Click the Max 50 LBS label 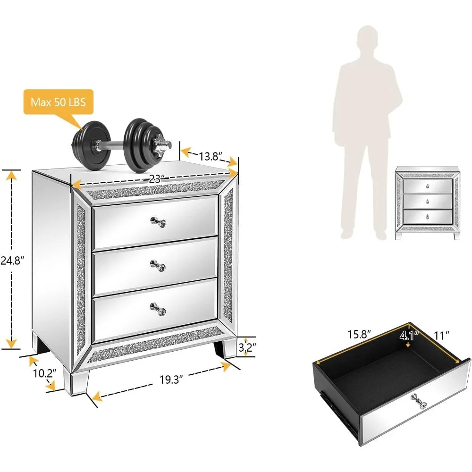pyautogui.click(x=59, y=101)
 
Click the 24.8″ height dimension pyautogui.click(x=13, y=260)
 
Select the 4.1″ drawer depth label pyautogui.click(x=408, y=336)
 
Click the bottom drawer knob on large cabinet pyautogui.click(x=158, y=309)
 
